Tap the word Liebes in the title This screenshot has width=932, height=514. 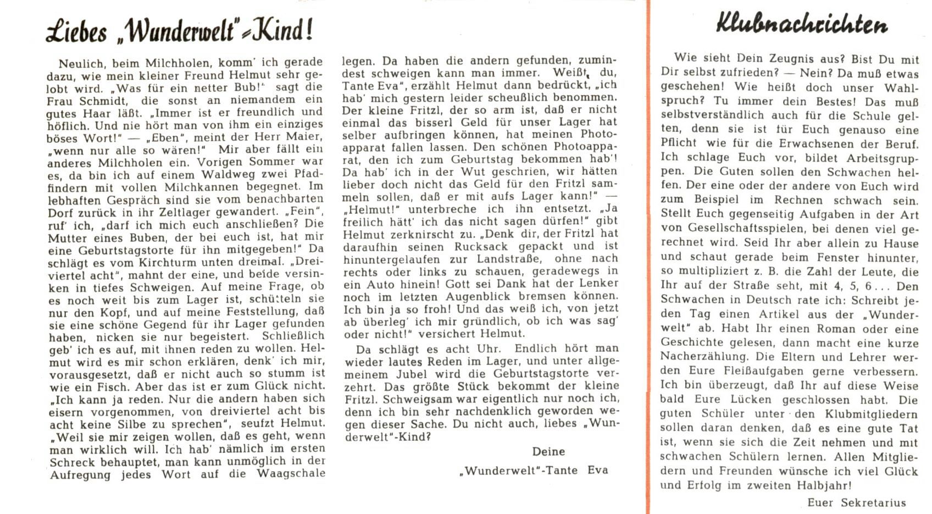pos(76,31)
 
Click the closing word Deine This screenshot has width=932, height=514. pos(548,451)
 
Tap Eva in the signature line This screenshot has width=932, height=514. pos(598,470)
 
